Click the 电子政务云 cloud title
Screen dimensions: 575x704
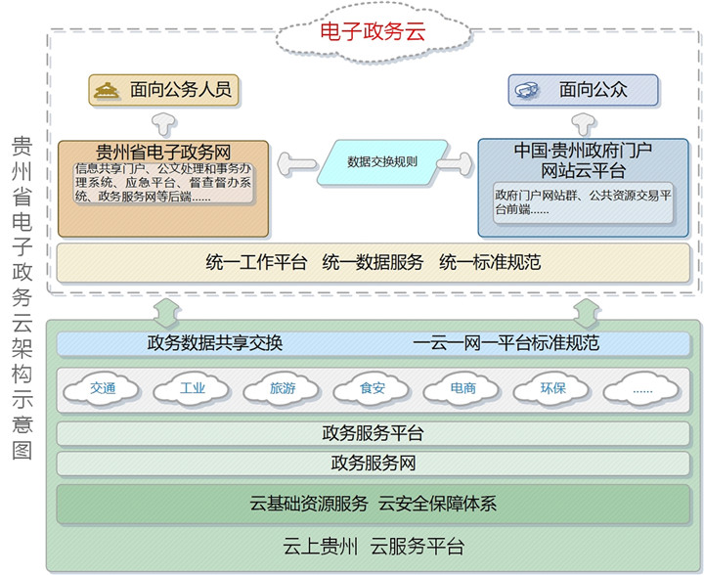(x=374, y=31)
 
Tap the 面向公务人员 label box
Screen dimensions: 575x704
(x=163, y=90)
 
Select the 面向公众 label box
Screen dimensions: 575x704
(x=582, y=90)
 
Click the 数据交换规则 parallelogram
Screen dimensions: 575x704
(x=382, y=161)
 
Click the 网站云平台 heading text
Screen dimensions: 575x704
(x=584, y=169)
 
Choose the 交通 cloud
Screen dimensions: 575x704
(x=103, y=389)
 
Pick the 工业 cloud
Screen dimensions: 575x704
(x=193, y=389)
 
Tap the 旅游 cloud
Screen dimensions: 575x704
(x=283, y=389)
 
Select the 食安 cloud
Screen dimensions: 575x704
(x=373, y=389)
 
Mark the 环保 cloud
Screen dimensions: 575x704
(x=553, y=389)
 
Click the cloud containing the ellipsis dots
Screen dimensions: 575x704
(x=642, y=389)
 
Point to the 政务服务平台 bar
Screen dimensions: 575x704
(x=373, y=433)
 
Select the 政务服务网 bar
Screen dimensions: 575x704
(x=373, y=464)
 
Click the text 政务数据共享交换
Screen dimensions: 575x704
(x=215, y=343)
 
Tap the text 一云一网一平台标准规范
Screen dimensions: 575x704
(x=506, y=343)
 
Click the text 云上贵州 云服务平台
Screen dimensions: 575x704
(x=374, y=547)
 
